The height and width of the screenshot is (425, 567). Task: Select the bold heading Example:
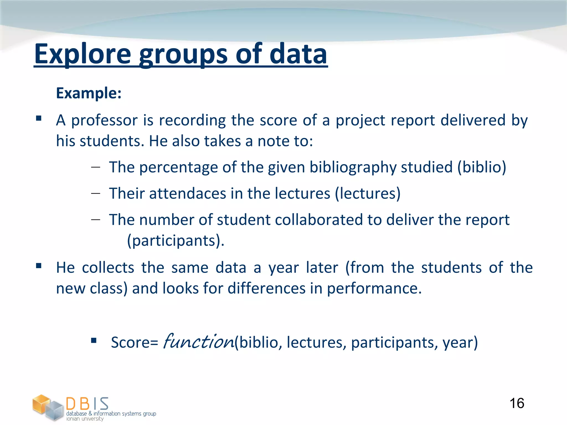coord(89,93)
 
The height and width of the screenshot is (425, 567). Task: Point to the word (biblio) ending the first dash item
coord(482,167)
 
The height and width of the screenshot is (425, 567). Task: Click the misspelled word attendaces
coord(188,193)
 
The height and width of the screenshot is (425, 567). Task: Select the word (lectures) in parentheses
coord(368,193)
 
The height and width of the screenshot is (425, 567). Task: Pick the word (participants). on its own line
coord(176,240)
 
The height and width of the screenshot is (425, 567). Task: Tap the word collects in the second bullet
coord(108,268)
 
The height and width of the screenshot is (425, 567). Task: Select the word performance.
coord(374,288)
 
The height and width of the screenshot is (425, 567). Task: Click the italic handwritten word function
coord(199,341)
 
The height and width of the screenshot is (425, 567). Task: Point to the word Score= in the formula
coord(135,343)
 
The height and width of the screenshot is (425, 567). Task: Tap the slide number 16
coord(517,403)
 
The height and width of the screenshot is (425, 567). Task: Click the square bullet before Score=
coord(94,340)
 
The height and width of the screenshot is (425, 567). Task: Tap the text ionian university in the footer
coord(85,419)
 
